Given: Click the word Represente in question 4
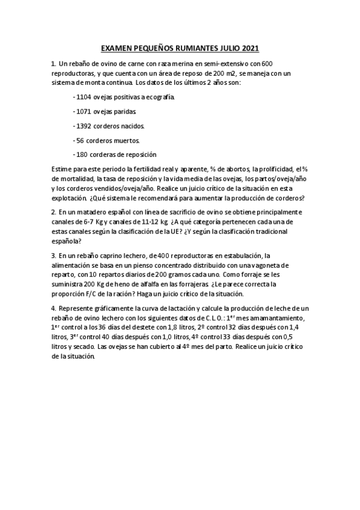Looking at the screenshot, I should pyautogui.click(x=79, y=309).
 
